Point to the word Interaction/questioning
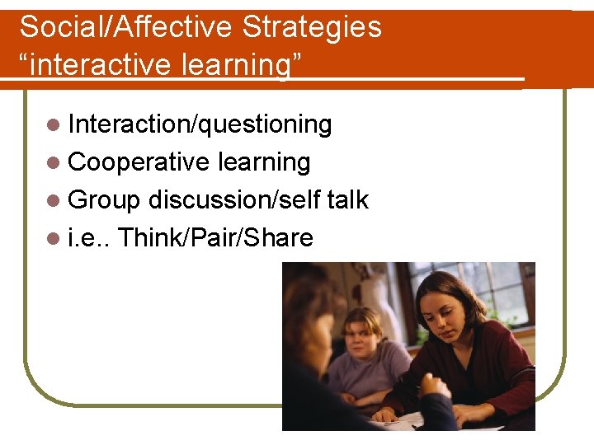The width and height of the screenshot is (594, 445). click(x=200, y=124)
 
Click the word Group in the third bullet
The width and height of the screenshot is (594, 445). click(x=105, y=200)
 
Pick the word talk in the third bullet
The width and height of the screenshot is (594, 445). click(x=347, y=200)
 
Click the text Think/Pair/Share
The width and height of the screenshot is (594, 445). click(x=216, y=238)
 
